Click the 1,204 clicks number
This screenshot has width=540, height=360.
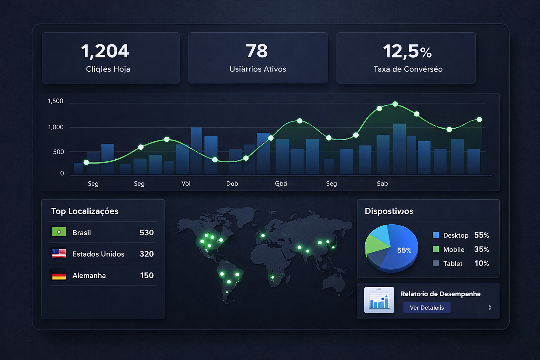click(x=105, y=51)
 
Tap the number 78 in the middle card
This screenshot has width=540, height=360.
click(x=257, y=51)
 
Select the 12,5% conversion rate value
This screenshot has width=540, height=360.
click(x=407, y=52)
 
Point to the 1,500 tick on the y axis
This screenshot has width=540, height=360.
click(x=56, y=101)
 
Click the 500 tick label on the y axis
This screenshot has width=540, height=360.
click(x=58, y=152)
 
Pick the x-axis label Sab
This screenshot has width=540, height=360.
click(x=382, y=184)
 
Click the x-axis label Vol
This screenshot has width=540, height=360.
click(x=186, y=184)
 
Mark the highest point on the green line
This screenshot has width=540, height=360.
click(x=395, y=104)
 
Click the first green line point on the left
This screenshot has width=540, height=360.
click(x=86, y=162)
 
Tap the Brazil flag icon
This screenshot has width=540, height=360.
click(x=59, y=232)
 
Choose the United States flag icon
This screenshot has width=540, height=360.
click(x=59, y=253)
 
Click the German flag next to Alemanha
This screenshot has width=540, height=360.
click(x=59, y=275)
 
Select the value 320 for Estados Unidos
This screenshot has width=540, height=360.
click(x=147, y=254)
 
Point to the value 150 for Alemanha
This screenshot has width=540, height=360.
click(x=147, y=275)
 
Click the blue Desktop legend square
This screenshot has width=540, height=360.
click(x=436, y=235)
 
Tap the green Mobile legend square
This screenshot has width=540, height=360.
click(x=436, y=249)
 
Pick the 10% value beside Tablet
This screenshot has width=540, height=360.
click(x=482, y=263)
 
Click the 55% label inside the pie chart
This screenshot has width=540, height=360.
click(x=404, y=250)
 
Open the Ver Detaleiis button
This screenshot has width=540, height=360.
click(x=426, y=308)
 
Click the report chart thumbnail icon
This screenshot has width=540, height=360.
click(x=379, y=300)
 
